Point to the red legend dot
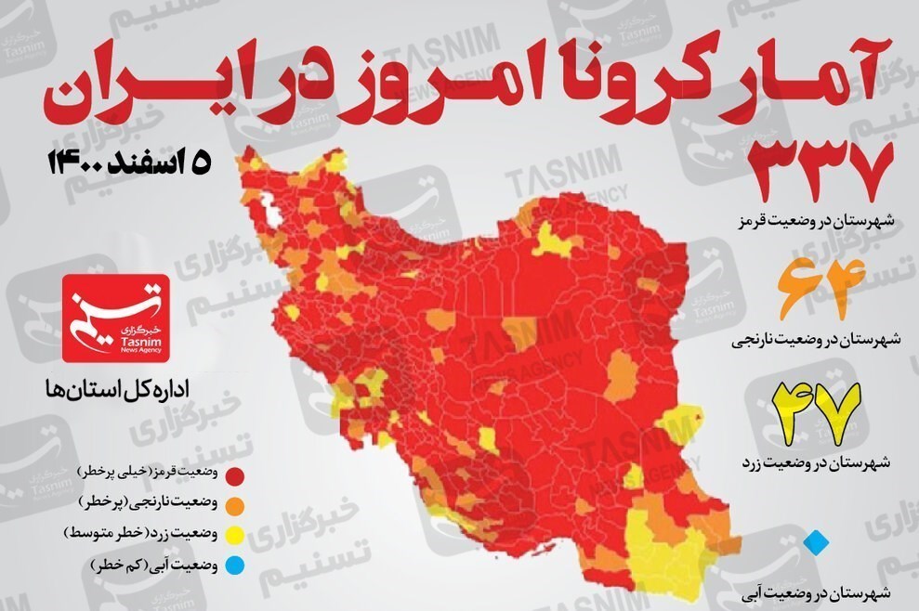tap(237, 474)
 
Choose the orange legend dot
tap(237, 504)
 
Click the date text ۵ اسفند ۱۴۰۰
tap(130, 162)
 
